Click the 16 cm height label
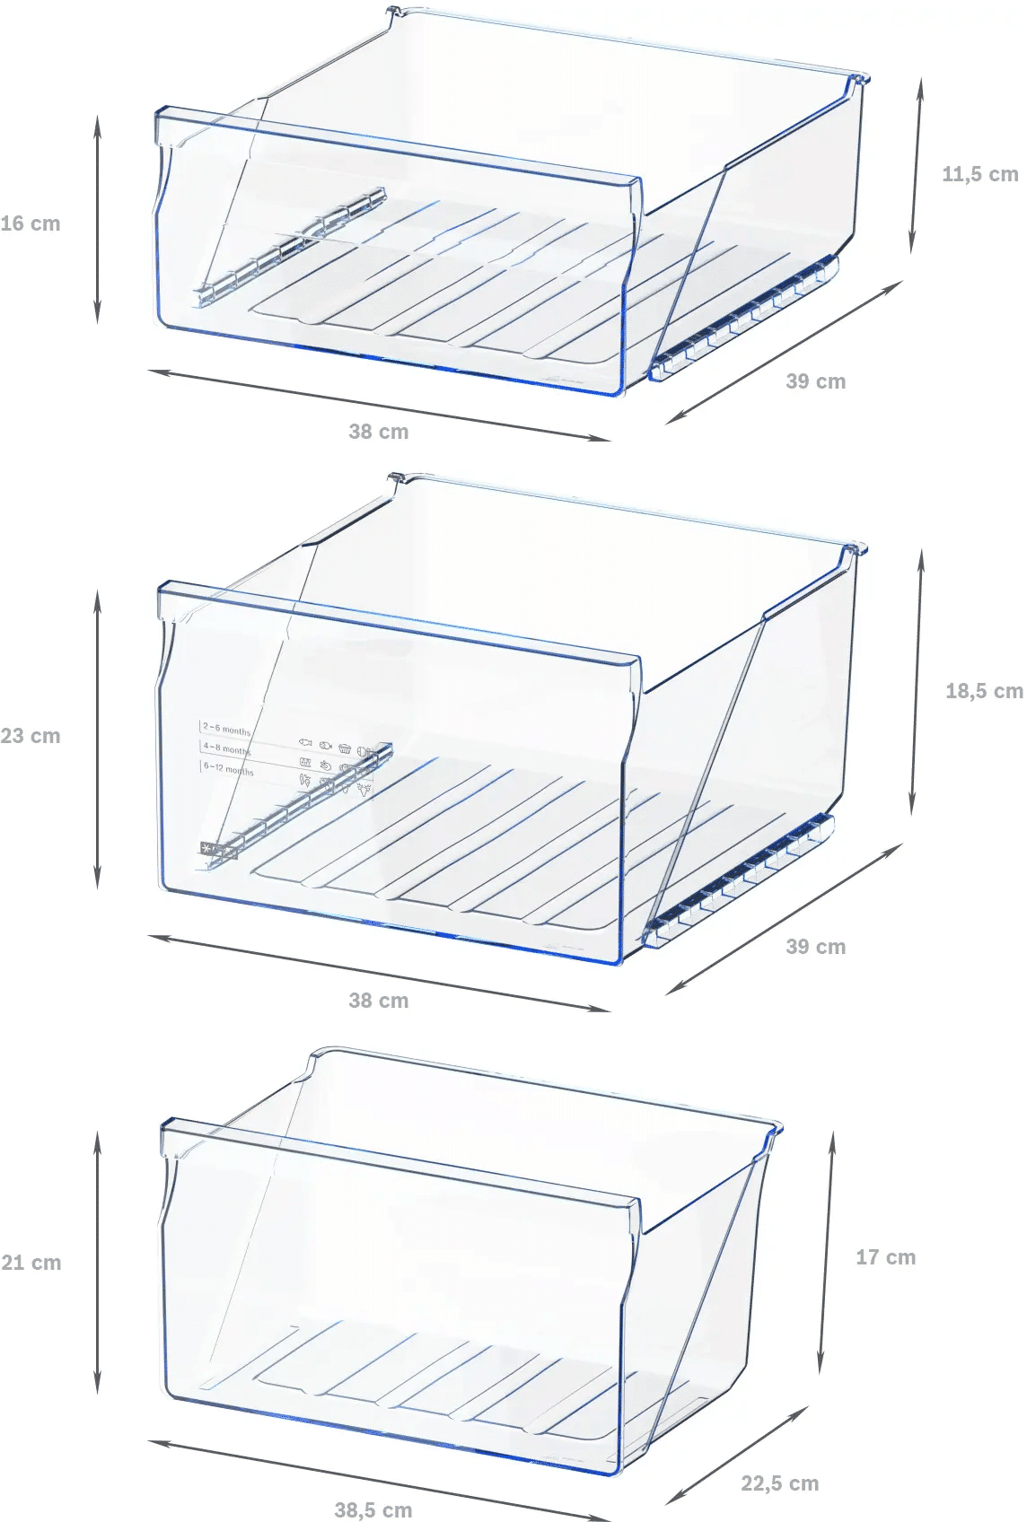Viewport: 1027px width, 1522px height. coord(31,224)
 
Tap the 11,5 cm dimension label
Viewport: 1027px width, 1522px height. coord(979,175)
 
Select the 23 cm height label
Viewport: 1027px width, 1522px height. coord(31,737)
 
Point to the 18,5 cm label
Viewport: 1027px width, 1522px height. coord(983,691)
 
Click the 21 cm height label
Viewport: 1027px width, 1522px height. coord(31,1263)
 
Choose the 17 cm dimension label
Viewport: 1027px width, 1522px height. coord(885,1257)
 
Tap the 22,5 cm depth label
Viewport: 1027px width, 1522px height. coord(779,1483)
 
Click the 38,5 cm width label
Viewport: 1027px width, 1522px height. coord(373,1510)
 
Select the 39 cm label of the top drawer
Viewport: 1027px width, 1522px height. coord(815,381)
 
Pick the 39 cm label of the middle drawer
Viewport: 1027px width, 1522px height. coord(815,947)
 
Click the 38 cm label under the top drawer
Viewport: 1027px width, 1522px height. coord(378,432)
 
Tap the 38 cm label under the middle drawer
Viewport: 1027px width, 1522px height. coord(378,1001)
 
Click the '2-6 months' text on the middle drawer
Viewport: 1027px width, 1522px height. coord(226,730)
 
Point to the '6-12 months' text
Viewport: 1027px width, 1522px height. coord(228,768)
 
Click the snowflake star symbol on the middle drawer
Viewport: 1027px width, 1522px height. coord(207,848)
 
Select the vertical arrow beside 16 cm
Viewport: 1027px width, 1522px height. coord(98,220)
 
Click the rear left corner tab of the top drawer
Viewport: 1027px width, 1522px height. coord(393,13)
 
